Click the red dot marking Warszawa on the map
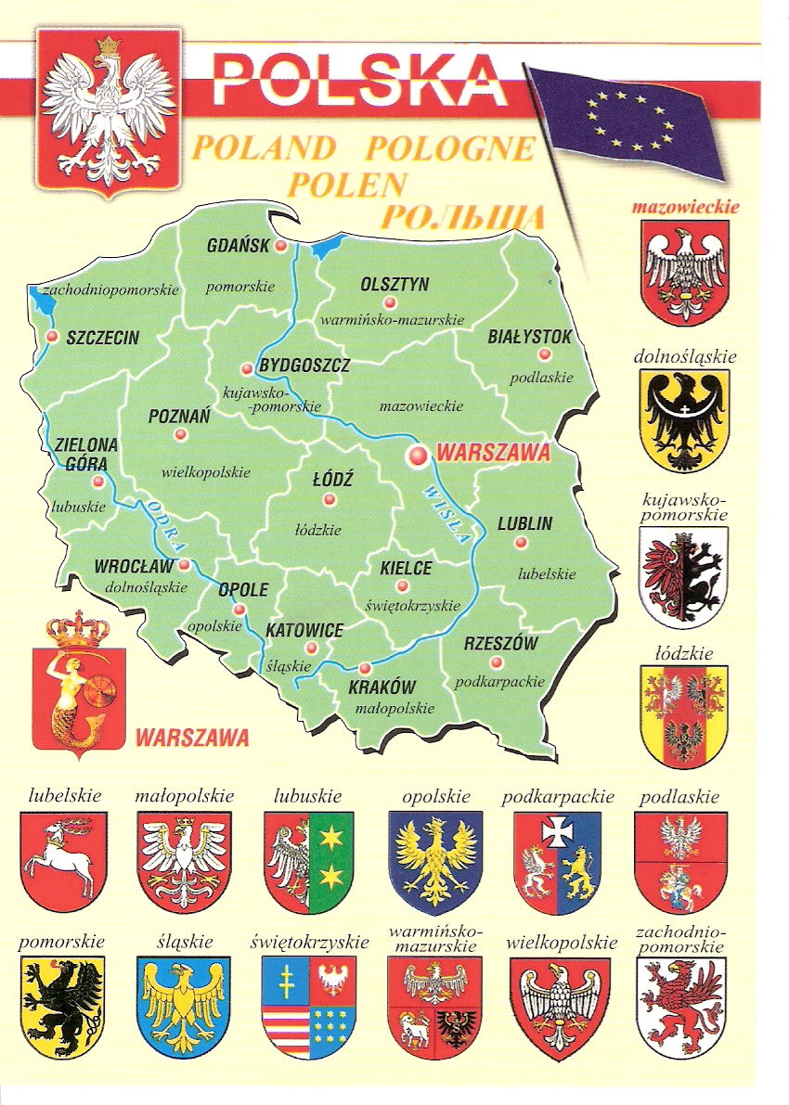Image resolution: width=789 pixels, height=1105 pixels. point(418,455)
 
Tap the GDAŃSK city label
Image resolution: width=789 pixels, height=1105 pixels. point(238,246)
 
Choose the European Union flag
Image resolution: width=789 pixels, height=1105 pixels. point(626,119)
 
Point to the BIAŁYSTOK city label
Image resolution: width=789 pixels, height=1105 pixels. point(530,337)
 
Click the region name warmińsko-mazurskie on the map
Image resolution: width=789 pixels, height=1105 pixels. point(391,320)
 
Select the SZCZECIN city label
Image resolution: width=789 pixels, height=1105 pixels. point(102,338)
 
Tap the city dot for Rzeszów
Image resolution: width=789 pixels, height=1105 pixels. point(497,662)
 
